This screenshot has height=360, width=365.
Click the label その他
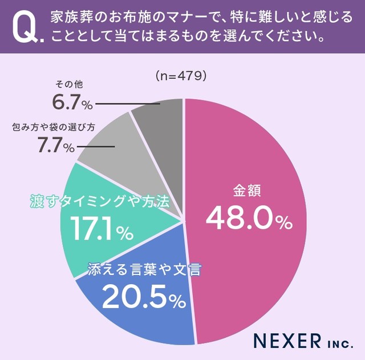coord(67,84)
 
